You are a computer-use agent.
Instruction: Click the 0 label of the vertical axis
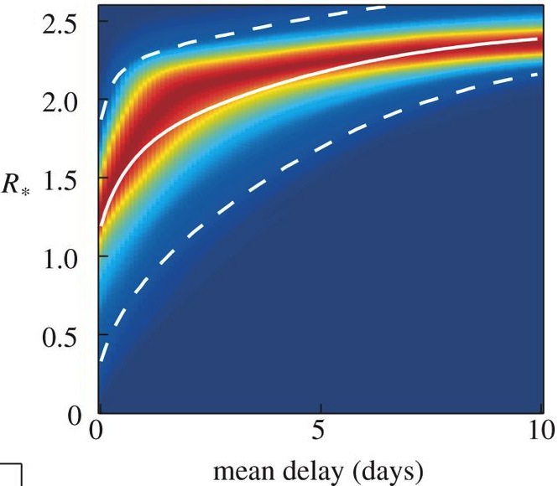point(73,413)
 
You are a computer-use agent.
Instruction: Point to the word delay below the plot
point(315,468)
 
